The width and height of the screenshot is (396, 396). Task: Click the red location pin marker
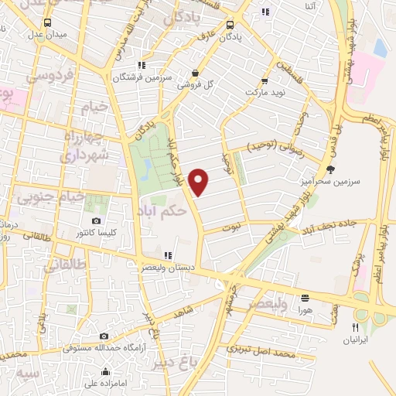200,181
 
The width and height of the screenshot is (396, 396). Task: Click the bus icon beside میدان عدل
48,22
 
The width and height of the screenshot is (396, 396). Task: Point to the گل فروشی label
195,85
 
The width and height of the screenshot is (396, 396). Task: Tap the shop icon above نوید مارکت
265,80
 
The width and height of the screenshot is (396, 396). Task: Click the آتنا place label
310,7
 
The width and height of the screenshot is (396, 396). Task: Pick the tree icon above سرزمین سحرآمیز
331,169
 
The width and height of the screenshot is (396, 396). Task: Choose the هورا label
305,308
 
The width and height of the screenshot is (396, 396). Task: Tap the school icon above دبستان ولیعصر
167,256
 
